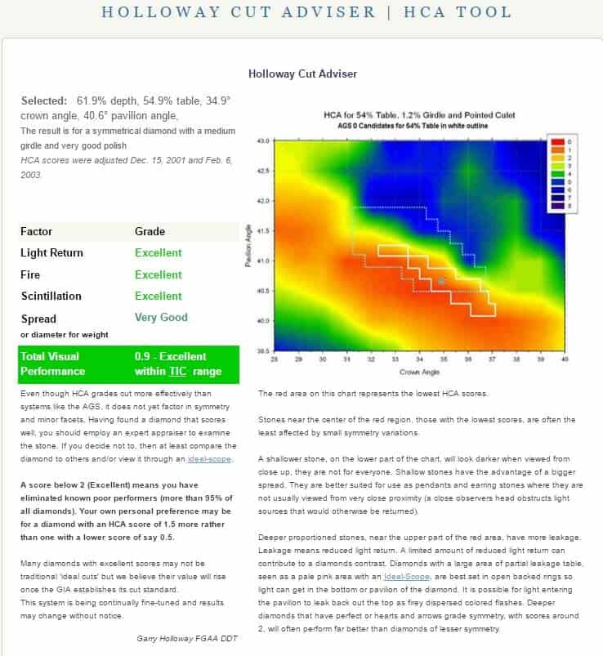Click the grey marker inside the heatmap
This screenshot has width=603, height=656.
[441, 280]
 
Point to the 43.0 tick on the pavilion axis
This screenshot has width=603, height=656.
[264, 141]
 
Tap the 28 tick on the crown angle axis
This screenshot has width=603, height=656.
[274, 358]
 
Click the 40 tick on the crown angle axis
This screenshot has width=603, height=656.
[564, 358]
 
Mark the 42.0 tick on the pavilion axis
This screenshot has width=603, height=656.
[264, 200]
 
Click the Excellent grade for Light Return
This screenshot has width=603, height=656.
[158, 253]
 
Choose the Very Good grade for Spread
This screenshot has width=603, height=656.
[161, 318]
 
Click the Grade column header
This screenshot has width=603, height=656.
[150, 231]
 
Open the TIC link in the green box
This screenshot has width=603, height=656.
[176, 372]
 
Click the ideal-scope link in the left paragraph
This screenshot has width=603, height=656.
[208, 459]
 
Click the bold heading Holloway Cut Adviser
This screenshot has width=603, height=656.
[302, 74]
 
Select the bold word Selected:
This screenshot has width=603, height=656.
[43, 100]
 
